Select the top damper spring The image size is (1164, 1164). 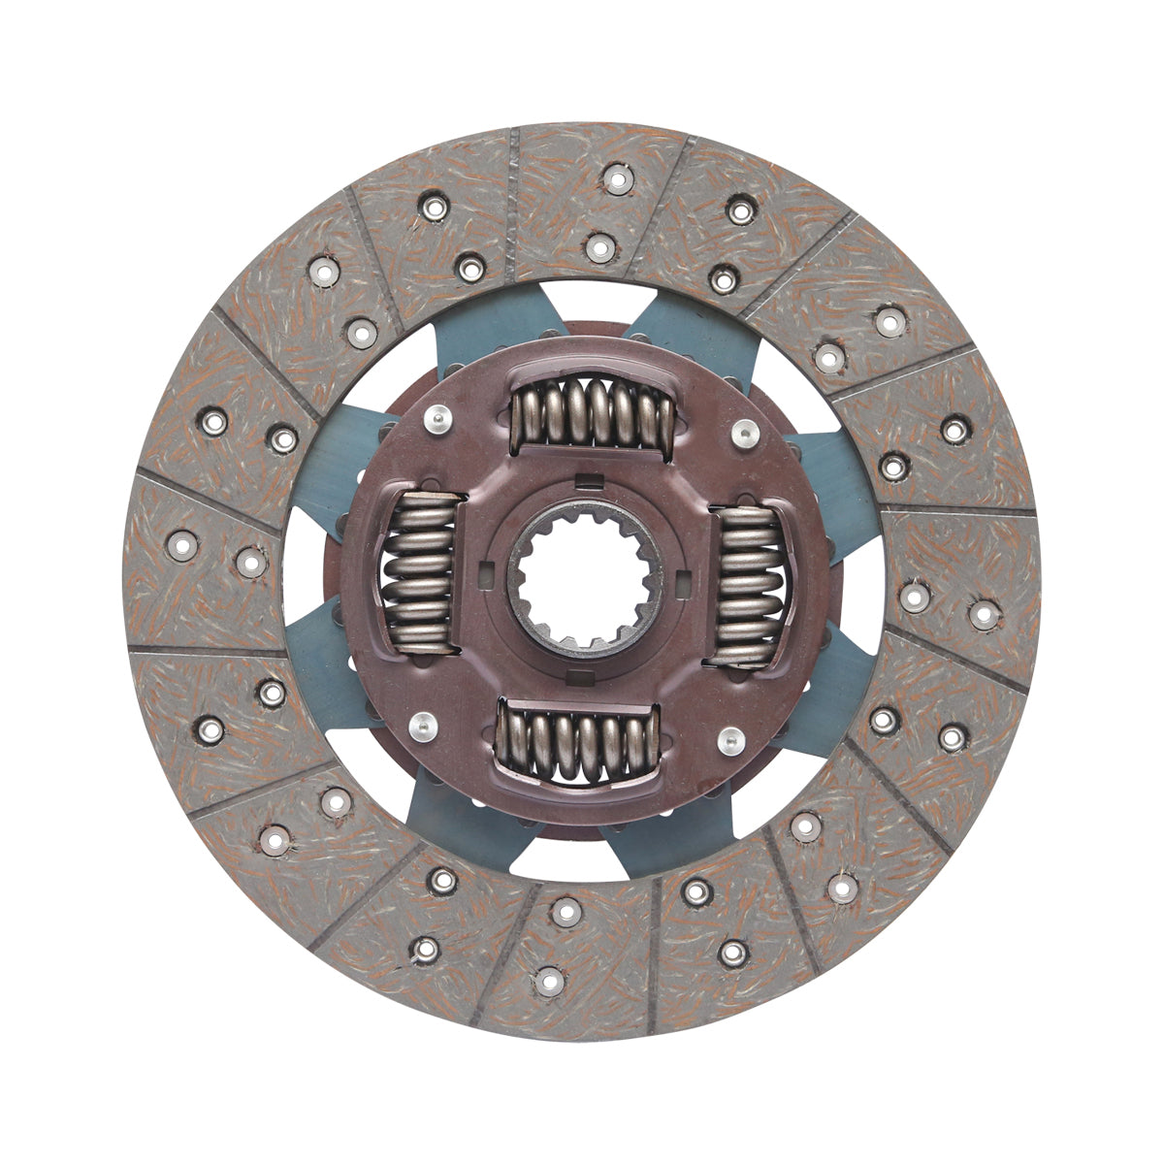click(593, 413)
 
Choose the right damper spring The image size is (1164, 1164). click(746, 586)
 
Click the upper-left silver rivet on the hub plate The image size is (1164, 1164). click(438, 419)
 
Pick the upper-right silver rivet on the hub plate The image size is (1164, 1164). click(744, 433)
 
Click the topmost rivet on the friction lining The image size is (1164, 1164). click(618, 178)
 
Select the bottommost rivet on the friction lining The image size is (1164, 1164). click(549, 981)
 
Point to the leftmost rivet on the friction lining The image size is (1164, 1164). click(182, 545)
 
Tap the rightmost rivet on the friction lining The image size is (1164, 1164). click(984, 614)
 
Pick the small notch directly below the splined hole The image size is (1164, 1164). click(582, 673)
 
